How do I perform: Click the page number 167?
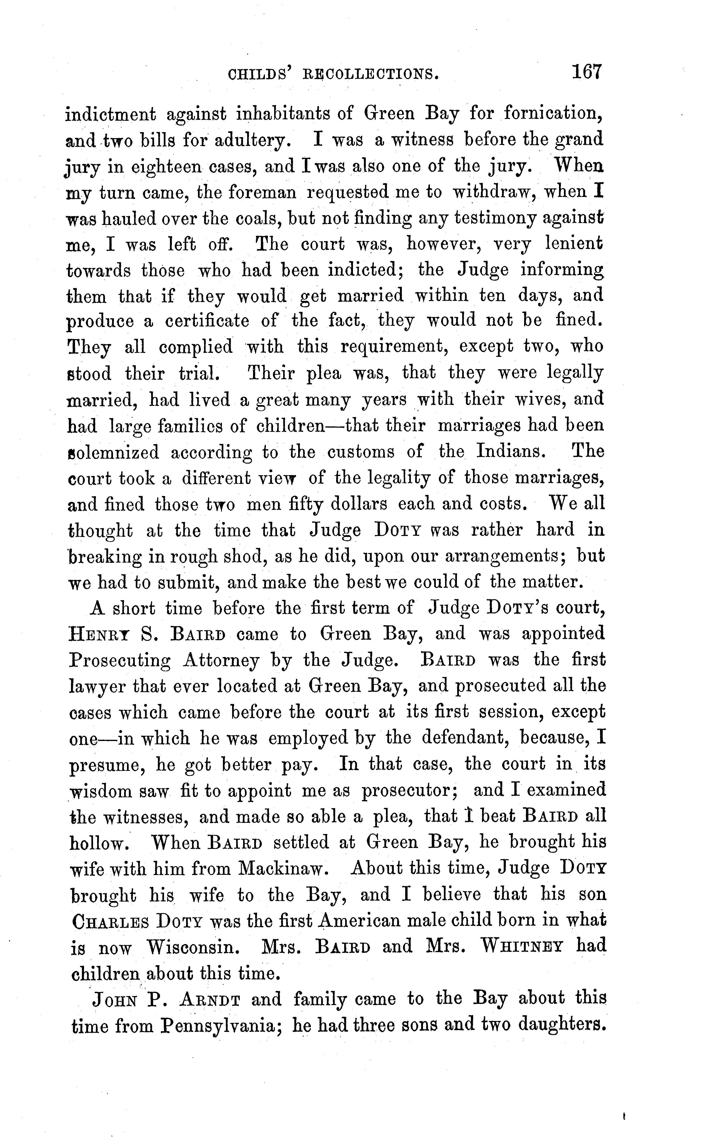click(x=587, y=72)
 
